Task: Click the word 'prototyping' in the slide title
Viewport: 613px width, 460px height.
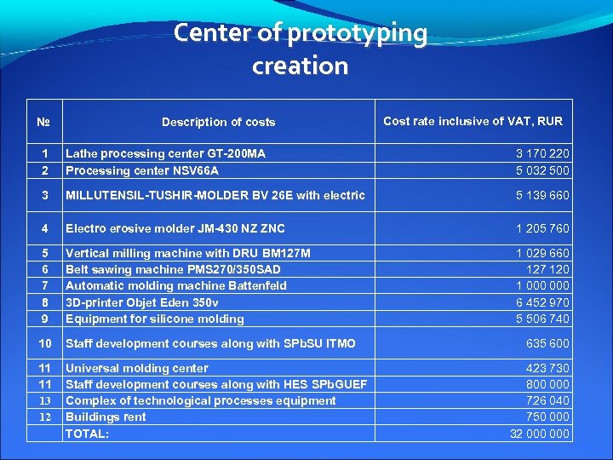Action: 358,34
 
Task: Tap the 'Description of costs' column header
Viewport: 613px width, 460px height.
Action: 219,122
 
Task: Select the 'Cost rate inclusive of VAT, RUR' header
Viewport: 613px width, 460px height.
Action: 473,121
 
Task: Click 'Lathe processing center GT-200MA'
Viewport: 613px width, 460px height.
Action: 165,154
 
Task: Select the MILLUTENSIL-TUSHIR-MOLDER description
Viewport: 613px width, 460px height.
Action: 215,195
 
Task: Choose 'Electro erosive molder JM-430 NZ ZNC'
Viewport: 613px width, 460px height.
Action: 175,228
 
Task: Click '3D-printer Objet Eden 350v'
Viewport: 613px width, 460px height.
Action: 141,302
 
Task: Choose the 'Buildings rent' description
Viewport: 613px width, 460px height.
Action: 106,417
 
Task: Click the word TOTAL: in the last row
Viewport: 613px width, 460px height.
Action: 87,434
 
